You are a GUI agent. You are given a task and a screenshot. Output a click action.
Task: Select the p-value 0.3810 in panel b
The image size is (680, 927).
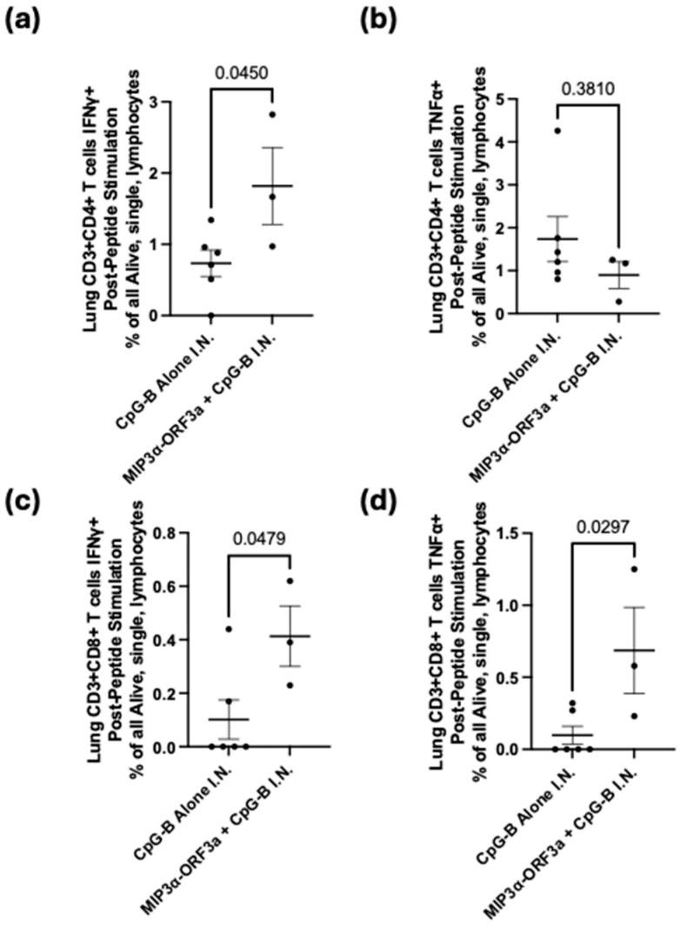tap(588, 89)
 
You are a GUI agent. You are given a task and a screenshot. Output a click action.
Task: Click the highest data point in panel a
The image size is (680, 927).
tap(271, 115)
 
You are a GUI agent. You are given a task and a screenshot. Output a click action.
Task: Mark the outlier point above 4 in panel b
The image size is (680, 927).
tap(557, 131)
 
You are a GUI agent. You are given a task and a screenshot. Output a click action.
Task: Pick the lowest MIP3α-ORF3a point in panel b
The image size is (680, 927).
tap(593, 301)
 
